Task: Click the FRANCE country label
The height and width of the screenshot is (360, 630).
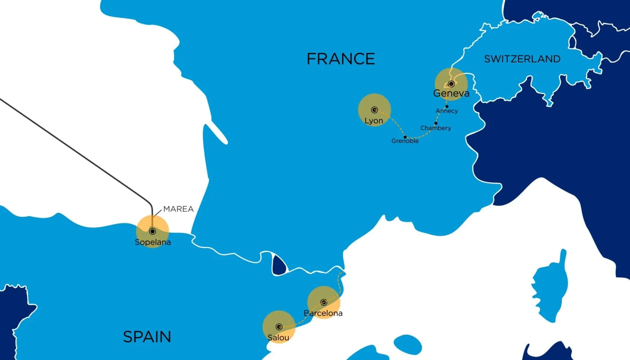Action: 341,59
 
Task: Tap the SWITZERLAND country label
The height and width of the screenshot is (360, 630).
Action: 522,59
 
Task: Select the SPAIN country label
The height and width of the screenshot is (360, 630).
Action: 147,337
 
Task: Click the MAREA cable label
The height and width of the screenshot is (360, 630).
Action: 178,209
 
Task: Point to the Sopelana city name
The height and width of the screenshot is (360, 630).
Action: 153,242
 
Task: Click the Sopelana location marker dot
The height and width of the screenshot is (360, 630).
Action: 152,231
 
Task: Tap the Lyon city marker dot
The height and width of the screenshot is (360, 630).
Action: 374,110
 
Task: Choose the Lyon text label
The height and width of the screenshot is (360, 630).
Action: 374,121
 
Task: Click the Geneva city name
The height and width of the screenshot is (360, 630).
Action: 451,94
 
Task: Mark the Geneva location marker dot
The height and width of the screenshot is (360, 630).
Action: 451,84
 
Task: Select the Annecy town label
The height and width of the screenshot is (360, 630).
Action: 447,111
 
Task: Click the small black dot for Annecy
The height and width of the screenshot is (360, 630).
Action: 447,107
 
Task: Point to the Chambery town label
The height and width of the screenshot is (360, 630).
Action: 436,128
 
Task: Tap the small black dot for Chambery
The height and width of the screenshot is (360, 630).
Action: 436,123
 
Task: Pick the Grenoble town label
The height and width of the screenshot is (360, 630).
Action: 405,141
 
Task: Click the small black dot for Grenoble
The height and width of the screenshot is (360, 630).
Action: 405,137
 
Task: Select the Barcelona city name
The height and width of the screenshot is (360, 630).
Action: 323,313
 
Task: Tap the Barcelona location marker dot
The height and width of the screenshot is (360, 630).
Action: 323,302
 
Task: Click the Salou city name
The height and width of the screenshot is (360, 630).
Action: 278,338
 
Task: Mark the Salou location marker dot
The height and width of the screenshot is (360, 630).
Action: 279,327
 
